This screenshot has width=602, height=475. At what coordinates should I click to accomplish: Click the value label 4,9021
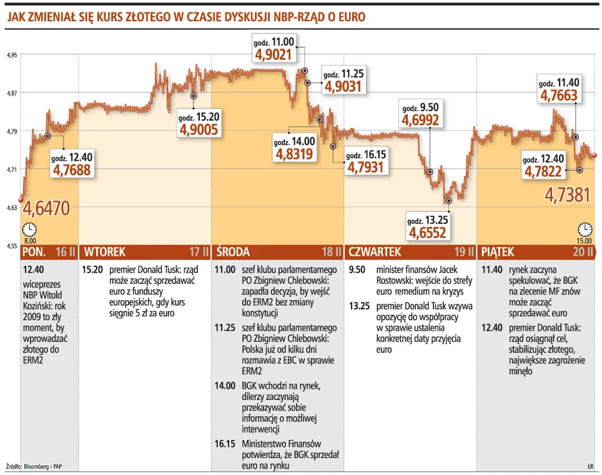tap(274, 55)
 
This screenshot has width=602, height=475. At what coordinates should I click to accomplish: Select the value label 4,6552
tap(428, 232)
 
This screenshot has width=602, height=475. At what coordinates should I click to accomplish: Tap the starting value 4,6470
tap(46, 207)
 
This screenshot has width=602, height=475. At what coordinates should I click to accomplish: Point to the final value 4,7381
tap(568, 195)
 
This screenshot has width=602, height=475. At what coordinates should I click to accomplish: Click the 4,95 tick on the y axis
tap(12, 55)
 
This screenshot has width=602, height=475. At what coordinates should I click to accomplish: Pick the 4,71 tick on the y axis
tap(12, 169)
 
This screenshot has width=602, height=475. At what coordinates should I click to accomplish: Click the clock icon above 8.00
tap(29, 229)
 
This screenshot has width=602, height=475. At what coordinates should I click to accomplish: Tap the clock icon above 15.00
tap(585, 229)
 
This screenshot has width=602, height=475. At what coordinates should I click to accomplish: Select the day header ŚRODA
tap(233, 252)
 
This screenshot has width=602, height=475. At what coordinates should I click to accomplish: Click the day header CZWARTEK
tap(375, 252)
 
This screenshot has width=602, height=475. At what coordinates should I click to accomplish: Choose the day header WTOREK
tap(105, 252)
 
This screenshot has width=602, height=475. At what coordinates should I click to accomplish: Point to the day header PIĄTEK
tap(498, 252)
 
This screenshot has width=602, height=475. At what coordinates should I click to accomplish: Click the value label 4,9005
tap(199, 129)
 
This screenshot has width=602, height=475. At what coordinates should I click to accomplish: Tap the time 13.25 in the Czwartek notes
tap(360, 306)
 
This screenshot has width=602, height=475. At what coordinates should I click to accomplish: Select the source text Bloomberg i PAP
tap(43, 466)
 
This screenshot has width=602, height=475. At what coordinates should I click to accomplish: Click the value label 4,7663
tap(559, 95)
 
